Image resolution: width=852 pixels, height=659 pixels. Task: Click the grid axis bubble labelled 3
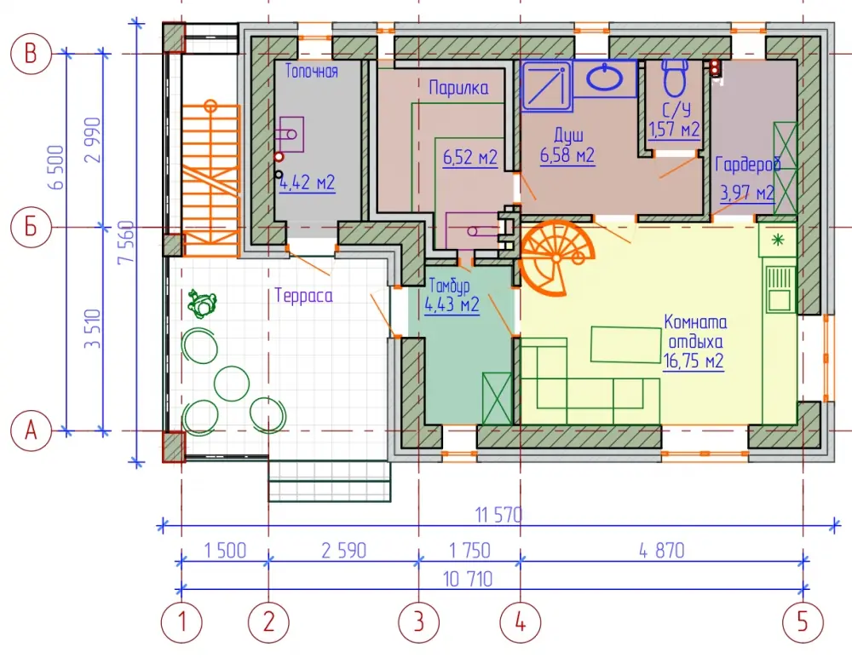pos(418,622)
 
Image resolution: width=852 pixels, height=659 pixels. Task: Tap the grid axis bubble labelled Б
pos(31,227)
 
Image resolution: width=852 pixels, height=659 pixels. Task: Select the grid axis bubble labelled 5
pos(803,622)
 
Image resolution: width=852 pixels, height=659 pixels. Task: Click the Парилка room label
pos(458,88)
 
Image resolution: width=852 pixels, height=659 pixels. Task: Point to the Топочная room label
pos(311,71)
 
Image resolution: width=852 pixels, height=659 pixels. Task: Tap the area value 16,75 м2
pos(693,361)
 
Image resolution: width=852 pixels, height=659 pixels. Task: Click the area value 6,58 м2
pos(567,155)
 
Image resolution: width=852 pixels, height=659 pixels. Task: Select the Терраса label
pos(304,295)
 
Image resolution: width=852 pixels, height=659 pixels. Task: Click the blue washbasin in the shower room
pos(605,78)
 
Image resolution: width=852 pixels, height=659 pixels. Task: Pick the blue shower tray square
pos(547,86)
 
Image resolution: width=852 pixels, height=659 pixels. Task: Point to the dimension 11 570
pos(498,514)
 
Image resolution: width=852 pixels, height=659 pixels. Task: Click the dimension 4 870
pos(661,550)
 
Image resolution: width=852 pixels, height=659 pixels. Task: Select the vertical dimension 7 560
pos(125,242)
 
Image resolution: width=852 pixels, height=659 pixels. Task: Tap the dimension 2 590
pos(343,550)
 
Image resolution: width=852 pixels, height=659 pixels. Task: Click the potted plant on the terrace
pos(202,303)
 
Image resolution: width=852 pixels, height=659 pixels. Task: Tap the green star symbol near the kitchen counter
pos(778,240)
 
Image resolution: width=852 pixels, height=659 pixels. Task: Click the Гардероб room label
pos(748,165)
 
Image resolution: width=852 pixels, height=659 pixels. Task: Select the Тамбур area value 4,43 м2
pos(452,304)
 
